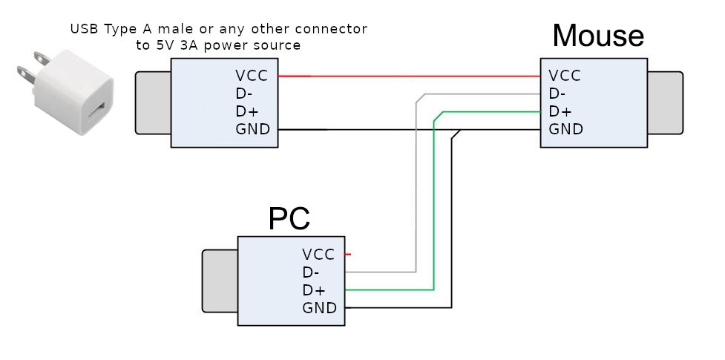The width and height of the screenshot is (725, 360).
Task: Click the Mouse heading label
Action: click(x=597, y=36)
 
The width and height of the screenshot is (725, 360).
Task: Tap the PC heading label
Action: click(x=289, y=218)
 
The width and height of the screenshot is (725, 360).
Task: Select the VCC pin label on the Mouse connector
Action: click(x=565, y=76)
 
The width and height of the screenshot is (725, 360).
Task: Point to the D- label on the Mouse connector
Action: click(x=557, y=94)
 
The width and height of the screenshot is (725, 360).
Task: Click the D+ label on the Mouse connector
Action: click(x=560, y=111)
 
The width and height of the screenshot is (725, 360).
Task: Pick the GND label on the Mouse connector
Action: click(x=565, y=129)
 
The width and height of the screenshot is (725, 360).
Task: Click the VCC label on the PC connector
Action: click(x=318, y=255)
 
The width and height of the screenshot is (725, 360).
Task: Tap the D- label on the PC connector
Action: click(x=311, y=272)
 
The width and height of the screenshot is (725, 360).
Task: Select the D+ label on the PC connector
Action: click(x=313, y=290)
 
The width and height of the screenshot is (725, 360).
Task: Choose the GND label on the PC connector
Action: click(x=319, y=308)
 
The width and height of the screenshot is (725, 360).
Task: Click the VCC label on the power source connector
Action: click(x=252, y=76)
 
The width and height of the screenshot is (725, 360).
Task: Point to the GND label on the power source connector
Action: click(x=252, y=130)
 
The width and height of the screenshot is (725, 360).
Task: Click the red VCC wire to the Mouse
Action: click(x=408, y=76)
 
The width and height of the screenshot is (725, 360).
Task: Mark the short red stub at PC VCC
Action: click(x=347, y=255)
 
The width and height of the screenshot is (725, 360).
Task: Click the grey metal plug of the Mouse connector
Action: click(x=666, y=102)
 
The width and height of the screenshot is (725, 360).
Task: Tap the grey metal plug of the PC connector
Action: click(x=220, y=281)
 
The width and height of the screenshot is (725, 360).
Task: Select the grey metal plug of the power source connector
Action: click(x=153, y=102)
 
